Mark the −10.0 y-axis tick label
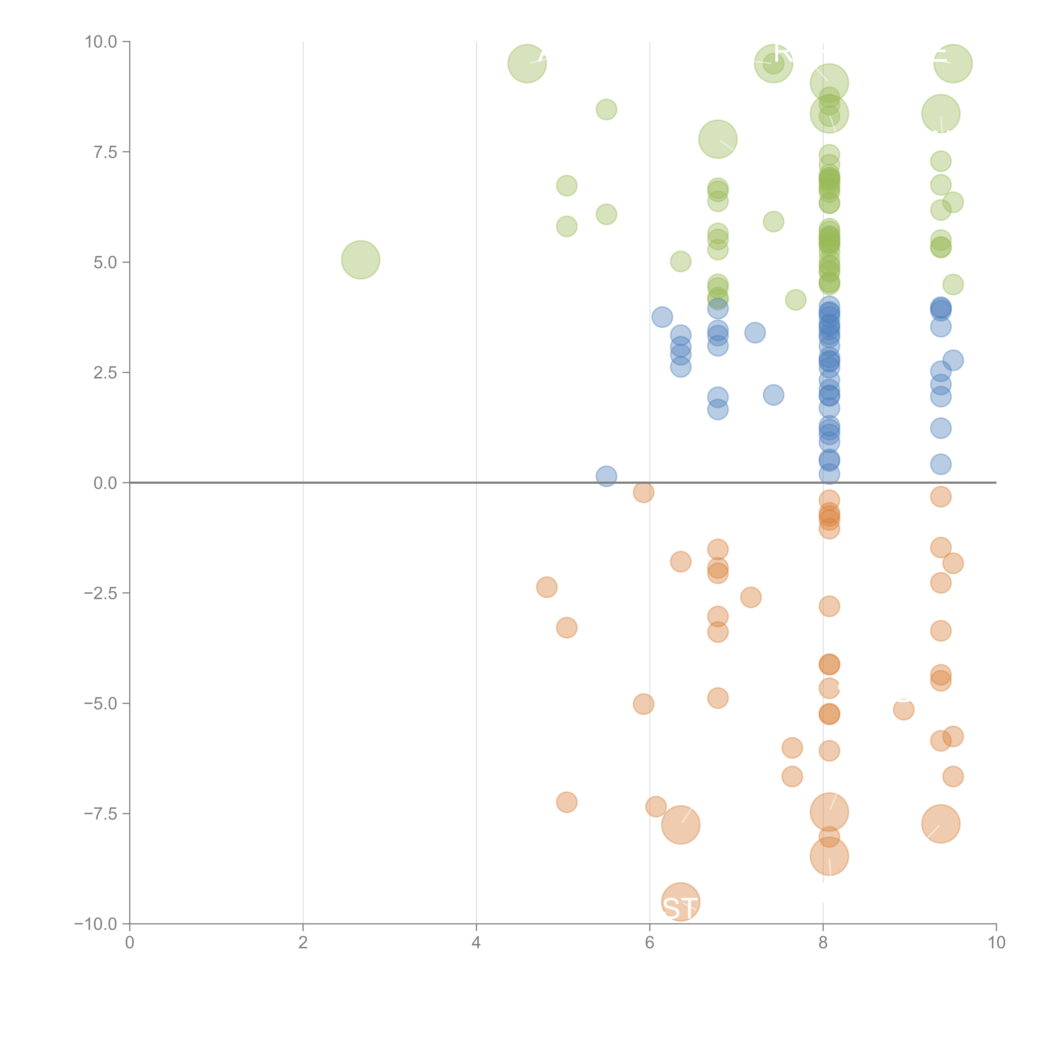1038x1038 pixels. point(96,924)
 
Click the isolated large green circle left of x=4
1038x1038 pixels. point(361,260)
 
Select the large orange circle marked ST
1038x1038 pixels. point(681,902)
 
